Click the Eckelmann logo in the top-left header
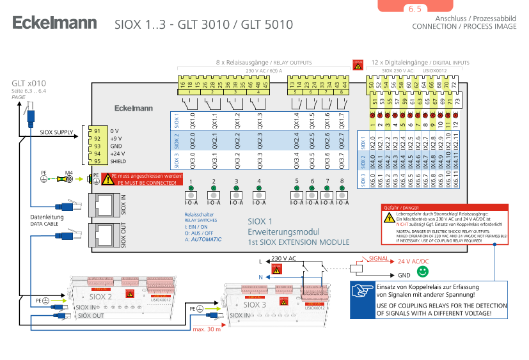click(x=54, y=24)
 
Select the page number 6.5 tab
click(x=415, y=9)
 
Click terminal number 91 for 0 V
click(x=97, y=131)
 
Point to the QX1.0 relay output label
click(x=193, y=120)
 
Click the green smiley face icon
click(x=422, y=272)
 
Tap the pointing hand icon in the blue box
click(x=363, y=290)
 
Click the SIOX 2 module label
click(x=100, y=297)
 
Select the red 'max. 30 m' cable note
click(x=206, y=329)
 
